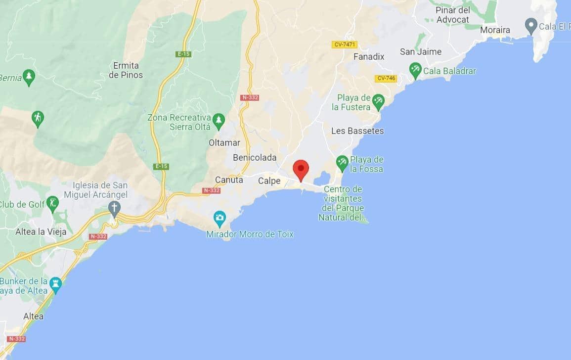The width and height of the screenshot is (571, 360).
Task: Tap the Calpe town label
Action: [x=269, y=181]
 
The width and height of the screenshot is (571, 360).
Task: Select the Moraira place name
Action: [x=495, y=30]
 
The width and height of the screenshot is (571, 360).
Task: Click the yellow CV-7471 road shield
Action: [x=345, y=45]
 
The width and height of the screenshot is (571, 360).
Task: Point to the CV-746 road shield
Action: [x=386, y=78]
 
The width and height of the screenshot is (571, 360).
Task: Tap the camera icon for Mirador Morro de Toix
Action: [x=220, y=218]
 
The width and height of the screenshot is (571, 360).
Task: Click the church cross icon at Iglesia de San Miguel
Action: [x=114, y=208]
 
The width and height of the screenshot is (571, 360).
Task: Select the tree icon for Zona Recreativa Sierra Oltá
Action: [x=219, y=120]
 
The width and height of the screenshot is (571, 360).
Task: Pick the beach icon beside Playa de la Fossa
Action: [x=342, y=162]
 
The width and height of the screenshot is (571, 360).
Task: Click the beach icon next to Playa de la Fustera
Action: [x=378, y=101]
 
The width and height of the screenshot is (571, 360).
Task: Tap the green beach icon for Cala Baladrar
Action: [x=415, y=70]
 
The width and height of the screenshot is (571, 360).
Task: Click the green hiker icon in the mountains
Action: [x=38, y=118]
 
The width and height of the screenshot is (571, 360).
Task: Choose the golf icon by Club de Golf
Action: [x=52, y=203]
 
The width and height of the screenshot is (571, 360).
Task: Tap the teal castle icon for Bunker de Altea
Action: [x=56, y=284]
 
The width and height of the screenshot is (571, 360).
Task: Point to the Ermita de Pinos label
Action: [x=126, y=70]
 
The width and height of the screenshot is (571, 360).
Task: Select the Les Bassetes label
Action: [x=357, y=131]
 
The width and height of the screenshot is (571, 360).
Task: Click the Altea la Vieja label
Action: [x=41, y=232]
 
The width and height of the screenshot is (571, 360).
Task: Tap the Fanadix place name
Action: [x=369, y=57]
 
